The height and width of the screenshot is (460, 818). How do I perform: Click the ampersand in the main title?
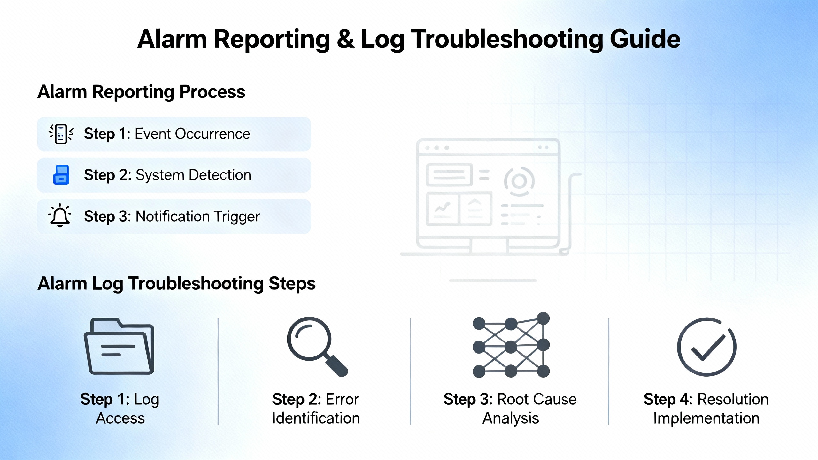345,39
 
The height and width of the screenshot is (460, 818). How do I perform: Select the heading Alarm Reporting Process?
141,92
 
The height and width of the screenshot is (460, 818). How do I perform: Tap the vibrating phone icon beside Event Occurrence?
61,134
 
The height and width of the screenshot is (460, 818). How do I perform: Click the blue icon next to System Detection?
61,175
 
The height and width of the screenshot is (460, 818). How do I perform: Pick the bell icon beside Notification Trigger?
60,216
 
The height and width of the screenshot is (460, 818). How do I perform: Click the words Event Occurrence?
192,134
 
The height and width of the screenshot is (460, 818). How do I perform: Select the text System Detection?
193,175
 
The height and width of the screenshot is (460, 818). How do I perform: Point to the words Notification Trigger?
197,217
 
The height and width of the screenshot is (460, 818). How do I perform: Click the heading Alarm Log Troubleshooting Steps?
176,284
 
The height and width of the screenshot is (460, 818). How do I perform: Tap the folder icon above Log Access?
119,346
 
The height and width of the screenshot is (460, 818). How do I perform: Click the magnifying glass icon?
317,347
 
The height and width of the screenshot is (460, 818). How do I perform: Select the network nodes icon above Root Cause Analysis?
511,345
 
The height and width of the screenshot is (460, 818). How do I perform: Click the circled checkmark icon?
707,347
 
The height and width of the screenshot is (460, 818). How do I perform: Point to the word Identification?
316,418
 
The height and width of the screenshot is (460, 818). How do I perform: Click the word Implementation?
706,418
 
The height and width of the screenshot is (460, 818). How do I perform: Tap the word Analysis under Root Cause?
511,418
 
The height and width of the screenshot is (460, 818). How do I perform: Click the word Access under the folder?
120,418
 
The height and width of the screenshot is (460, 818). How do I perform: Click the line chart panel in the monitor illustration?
442,208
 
